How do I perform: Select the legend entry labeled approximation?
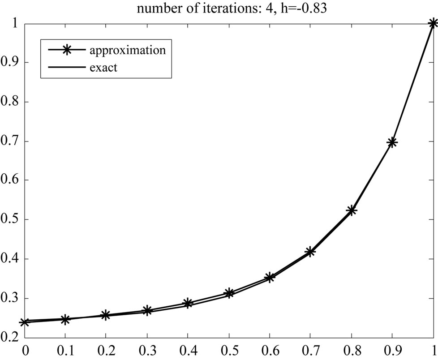[128, 50]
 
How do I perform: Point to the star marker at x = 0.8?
[351, 210]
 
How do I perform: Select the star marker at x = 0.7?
[310, 252]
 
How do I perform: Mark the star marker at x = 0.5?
[229, 293]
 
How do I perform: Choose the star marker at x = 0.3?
[147, 310]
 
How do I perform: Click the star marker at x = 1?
[433, 24]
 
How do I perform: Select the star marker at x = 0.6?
[270, 278]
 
